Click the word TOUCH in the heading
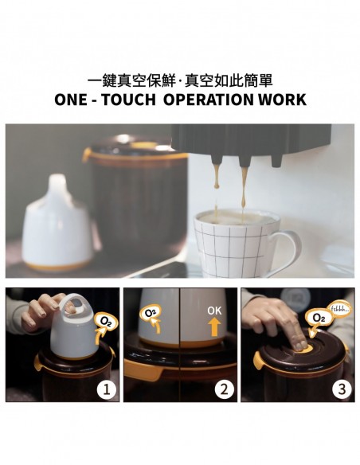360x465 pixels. (128, 100)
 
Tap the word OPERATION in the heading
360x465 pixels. (209, 100)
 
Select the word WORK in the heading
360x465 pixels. (282, 100)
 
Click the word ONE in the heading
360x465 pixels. (70, 100)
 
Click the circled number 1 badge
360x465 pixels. (107, 389)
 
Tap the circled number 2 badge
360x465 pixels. (224, 389)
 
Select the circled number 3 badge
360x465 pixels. (342, 389)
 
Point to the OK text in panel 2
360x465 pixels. (214, 311)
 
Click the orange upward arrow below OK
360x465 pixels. (214, 326)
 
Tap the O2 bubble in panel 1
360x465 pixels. (105, 322)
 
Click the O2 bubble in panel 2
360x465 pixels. (151, 313)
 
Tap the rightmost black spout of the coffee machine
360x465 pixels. (277, 159)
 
